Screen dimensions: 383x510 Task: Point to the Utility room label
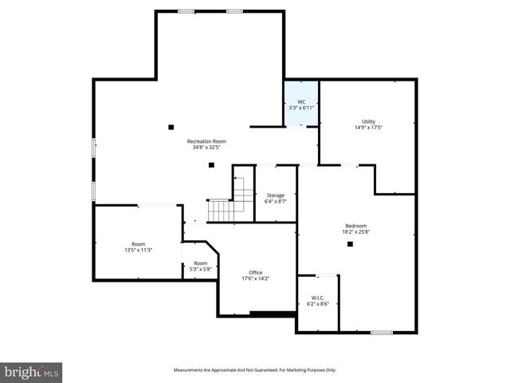click(368, 121)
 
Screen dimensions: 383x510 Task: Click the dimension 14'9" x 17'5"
click(368, 128)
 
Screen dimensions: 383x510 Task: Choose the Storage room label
click(276, 195)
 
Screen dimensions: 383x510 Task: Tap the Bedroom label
click(356, 225)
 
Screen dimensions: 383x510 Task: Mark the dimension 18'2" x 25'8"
click(356, 231)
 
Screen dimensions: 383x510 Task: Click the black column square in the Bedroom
click(350, 244)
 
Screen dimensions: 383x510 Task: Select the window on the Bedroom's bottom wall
click(382, 332)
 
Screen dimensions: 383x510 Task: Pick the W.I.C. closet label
click(316, 298)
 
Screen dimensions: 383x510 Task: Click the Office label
click(256, 272)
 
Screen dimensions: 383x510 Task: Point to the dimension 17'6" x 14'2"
click(256, 278)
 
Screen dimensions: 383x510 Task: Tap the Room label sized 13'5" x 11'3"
click(138, 243)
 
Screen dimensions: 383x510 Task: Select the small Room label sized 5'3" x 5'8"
click(200, 263)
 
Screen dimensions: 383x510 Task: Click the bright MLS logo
click(31, 372)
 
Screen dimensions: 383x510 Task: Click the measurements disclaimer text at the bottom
click(255, 370)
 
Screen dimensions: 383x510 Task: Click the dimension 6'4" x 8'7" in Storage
click(276, 202)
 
